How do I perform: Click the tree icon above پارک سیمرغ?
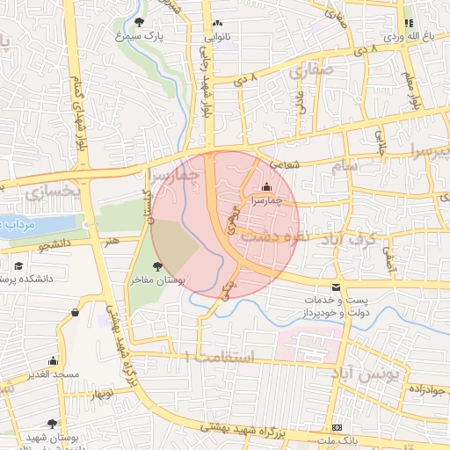(142, 21)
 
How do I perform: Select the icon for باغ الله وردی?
(408, 23)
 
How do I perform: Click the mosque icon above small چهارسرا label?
(266, 186)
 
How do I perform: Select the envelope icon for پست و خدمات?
(337, 287)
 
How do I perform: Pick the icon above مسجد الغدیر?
(53, 360)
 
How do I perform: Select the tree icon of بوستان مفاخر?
(157, 265)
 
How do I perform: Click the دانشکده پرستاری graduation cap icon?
(18, 265)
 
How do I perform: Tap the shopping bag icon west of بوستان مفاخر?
(75, 311)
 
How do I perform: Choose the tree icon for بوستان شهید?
(53, 423)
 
